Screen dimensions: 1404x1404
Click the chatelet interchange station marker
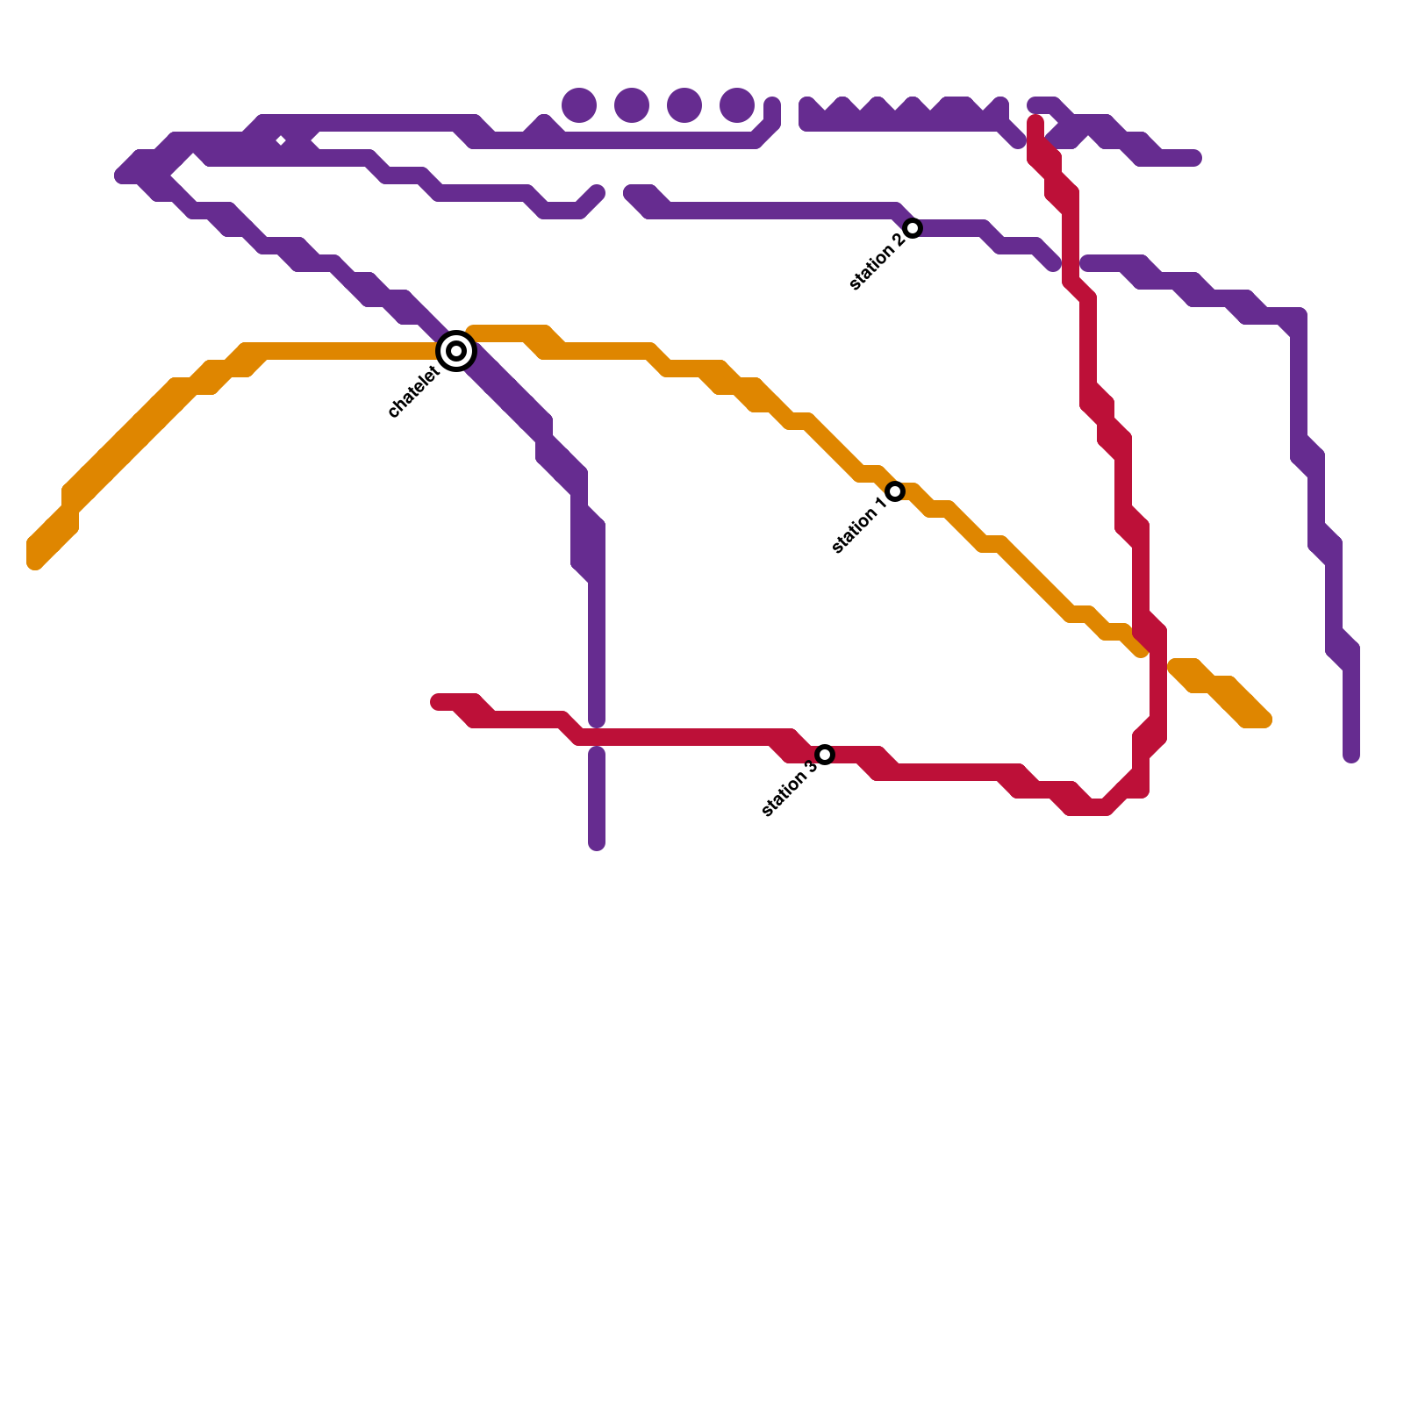(456, 351)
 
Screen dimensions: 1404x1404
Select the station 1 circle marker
(895, 491)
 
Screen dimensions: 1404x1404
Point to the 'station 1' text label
(858, 526)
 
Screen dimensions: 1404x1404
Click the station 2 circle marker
(913, 228)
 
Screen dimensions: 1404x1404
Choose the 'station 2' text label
(876, 262)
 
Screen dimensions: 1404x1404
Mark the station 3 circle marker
(825, 755)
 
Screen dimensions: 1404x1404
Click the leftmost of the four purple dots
(579, 105)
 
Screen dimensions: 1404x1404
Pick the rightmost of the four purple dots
(737, 105)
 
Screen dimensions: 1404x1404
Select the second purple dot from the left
(632, 105)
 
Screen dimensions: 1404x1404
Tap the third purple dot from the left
(684, 105)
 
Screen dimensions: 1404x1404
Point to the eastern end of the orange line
(1264, 720)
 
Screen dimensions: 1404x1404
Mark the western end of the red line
(438, 702)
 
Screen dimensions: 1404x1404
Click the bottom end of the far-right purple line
(1351, 755)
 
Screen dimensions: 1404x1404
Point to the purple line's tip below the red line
(597, 844)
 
